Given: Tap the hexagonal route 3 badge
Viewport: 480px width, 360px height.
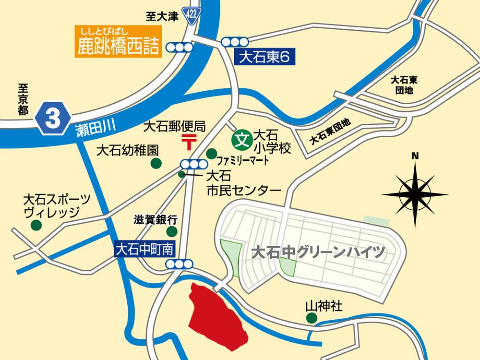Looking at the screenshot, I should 53,118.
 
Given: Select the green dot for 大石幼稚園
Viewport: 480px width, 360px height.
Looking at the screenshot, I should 156,164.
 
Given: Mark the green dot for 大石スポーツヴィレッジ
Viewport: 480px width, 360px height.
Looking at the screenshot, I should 36,225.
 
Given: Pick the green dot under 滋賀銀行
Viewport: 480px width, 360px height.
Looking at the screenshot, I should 171,232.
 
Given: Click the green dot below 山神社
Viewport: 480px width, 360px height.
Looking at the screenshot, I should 312,318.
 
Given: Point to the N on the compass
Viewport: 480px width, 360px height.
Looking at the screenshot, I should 416,156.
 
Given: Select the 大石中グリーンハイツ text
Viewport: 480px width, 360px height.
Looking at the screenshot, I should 319,252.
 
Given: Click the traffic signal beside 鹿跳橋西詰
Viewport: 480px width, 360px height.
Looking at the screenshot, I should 178,47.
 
